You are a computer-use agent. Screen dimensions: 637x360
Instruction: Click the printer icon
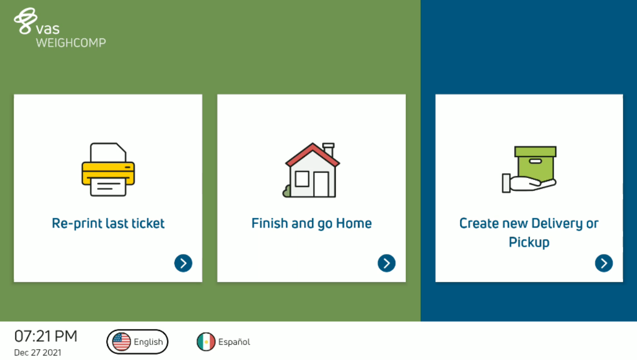pos(108,170)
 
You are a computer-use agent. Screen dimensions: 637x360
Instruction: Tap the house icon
pos(311,170)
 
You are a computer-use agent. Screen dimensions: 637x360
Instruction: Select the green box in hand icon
pos(529,170)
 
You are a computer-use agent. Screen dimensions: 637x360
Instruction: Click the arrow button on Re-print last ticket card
pos(183,263)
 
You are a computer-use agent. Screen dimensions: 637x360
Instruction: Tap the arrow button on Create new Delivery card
pos(604,263)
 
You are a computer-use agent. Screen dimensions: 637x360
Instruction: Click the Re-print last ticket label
pos(108,223)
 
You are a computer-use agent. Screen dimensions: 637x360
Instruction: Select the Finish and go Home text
pos(312,223)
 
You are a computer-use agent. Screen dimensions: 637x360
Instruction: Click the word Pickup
pos(529,243)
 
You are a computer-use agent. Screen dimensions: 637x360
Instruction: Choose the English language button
pos(137,341)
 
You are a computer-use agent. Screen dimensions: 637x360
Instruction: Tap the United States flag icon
pos(122,341)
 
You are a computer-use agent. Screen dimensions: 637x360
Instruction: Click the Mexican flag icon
pos(206,341)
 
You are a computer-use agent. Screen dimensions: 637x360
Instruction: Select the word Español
pos(234,342)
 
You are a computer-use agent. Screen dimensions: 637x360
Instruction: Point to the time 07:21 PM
pos(46,336)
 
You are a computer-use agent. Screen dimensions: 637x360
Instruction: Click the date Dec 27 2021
pos(38,353)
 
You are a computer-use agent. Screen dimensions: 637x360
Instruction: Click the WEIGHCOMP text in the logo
pos(71,43)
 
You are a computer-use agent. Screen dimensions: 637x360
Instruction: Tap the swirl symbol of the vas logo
pos(25,21)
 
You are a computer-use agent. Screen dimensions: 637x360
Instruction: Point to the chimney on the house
pos(329,149)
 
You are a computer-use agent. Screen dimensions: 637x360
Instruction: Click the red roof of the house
pos(313,155)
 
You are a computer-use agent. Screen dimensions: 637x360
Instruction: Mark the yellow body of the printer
pos(108,173)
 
